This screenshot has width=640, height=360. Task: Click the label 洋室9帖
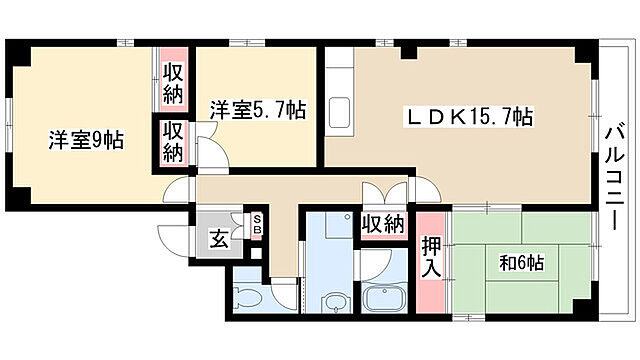[x=86, y=141]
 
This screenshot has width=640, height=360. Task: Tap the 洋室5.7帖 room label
[x=257, y=111]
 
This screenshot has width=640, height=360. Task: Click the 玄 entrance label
[x=217, y=238]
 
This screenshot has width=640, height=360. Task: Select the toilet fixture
[x=244, y=296]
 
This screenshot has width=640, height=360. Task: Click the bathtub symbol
[x=382, y=297]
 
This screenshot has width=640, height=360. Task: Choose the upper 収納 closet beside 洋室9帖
[x=174, y=84]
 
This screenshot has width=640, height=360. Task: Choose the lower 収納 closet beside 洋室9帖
[x=174, y=141]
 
